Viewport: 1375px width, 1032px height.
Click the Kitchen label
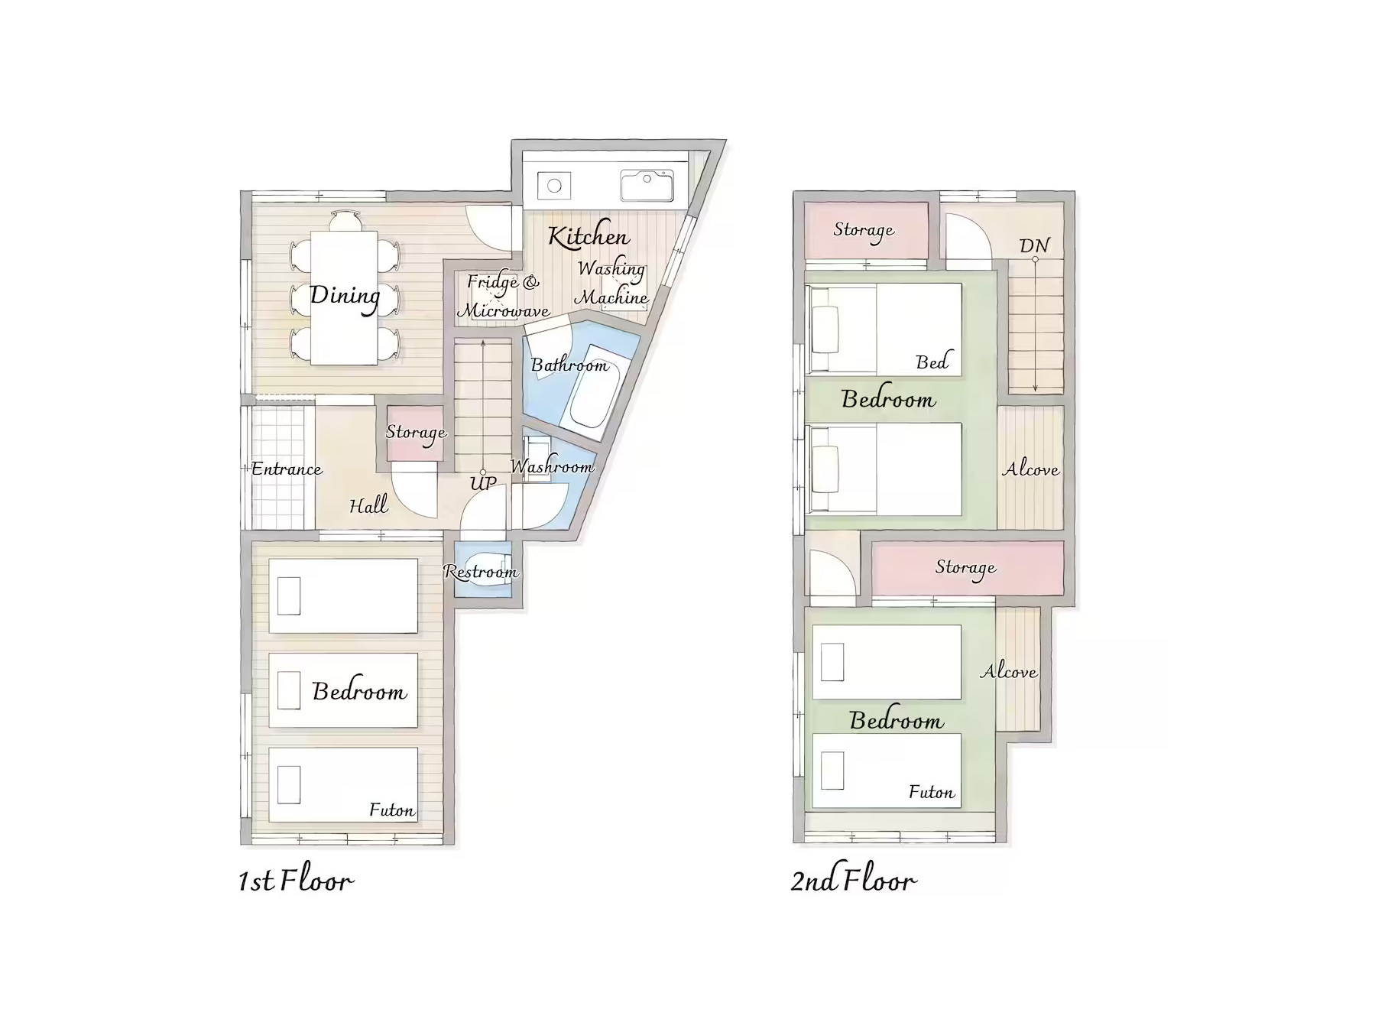589,237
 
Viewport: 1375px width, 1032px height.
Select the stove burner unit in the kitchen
554,186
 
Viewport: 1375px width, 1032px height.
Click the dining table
344,298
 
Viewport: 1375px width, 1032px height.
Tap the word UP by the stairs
483,483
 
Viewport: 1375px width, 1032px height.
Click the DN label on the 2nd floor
1034,245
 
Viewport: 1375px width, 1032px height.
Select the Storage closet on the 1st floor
415,433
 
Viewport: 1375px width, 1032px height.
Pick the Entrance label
287,469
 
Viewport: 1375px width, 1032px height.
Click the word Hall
368,505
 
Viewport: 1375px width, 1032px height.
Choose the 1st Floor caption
296,881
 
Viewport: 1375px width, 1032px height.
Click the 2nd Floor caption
853,881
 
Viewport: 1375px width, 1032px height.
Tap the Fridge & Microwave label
503,296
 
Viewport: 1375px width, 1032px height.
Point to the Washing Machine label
611,283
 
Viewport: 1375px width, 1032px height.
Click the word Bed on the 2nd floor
932,362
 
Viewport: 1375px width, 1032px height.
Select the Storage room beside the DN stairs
866,231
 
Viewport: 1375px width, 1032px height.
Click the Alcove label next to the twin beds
1031,469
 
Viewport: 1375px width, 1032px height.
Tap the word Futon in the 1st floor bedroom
391,810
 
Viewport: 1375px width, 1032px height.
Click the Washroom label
552,466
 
